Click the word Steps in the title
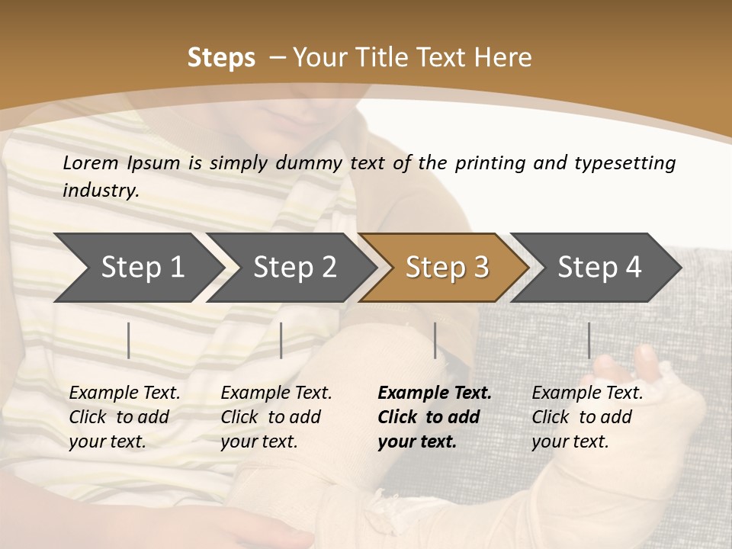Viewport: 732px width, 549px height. coord(221,58)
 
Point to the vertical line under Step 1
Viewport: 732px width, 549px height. coord(129,340)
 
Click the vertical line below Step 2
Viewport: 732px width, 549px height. coord(281,340)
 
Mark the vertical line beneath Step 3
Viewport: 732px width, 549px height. coord(435,340)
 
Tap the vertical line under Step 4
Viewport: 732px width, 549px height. coord(589,340)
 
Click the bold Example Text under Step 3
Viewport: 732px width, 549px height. coord(435,416)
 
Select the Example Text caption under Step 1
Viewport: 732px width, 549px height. coord(124,416)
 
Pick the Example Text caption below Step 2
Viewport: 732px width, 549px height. coord(276,416)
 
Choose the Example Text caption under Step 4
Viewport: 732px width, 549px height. coord(587,416)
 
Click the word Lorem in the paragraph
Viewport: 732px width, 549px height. coord(90,162)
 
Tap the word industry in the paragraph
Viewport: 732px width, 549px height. coord(99,190)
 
